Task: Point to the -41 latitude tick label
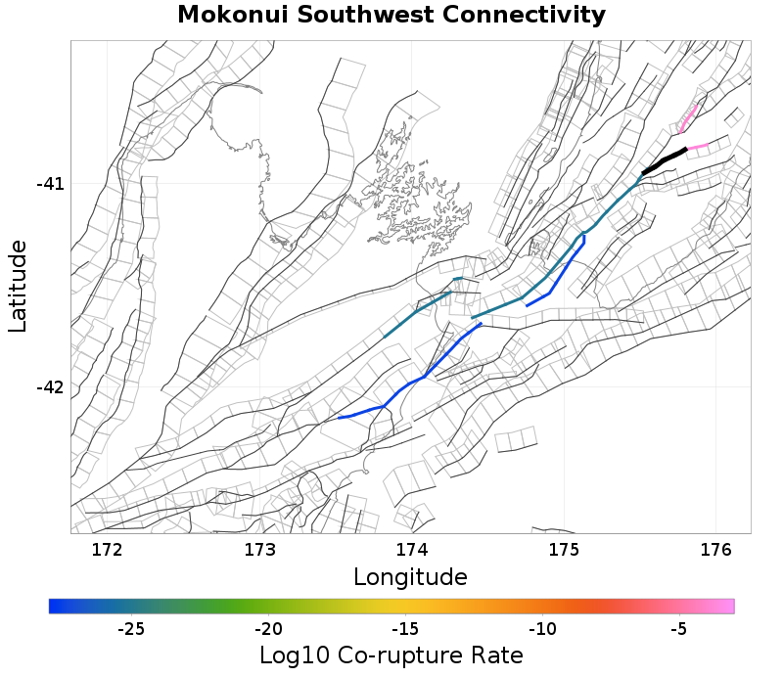click(49, 184)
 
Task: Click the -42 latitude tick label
click(49, 387)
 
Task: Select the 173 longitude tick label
click(258, 550)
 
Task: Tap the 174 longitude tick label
click(411, 550)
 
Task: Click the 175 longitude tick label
click(564, 550)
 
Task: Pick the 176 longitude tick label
click(716, 550)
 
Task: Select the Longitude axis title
click(410, 576)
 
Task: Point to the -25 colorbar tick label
click(131, 628)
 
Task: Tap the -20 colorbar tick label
click(268, 628)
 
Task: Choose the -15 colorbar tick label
click(405, 628)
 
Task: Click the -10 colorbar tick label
click(542, 628)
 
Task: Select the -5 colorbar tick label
click(678, 628)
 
